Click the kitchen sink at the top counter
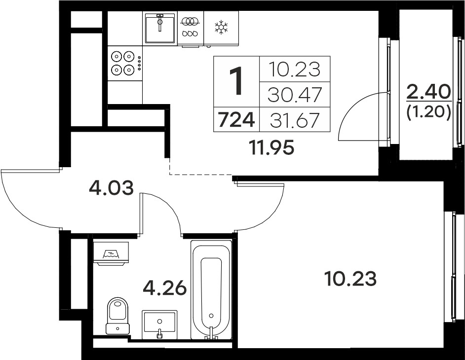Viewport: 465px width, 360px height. (x=159, y=28)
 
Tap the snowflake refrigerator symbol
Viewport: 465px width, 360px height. (x=221, y=27)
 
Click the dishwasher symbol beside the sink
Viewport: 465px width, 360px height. (x=191, y=29)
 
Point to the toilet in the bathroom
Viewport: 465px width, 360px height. (x=118, y=316)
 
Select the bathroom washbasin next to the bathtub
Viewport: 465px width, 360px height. (x=159, y=324)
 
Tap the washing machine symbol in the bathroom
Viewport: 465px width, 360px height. (x=111, y=253)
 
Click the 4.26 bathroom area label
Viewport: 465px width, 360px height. (x=164, y=288)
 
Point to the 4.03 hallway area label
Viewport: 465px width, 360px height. (x=111, y=188)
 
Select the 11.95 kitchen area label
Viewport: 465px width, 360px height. (x=272, y=147)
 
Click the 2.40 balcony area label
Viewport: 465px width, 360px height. (x=429, y=93)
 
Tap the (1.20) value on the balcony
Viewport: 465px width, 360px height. (x=429, y=112)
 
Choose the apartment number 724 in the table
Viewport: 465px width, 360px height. (x=236, y=120)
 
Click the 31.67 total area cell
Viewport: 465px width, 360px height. (x=295, y=120)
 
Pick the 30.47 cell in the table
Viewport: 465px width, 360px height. (x=295, y=95)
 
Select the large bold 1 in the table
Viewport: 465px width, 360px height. (x=237, y=80)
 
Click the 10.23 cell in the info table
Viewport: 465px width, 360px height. (x=295, y=70)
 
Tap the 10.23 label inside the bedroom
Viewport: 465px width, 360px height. (x=350, y=279)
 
